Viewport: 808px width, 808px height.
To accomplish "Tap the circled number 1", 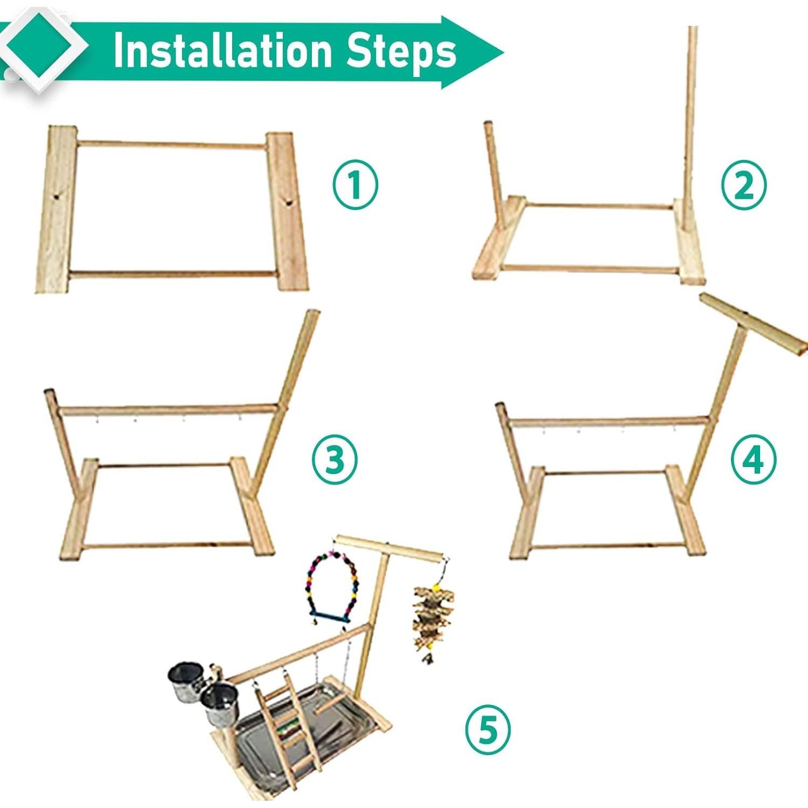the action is pyautogui.click(x=355, y=185).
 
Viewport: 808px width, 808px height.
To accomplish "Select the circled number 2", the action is pyautogui.click(x=743, y=185).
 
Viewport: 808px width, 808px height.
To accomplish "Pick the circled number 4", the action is pyautogui.click(x=754, y=459).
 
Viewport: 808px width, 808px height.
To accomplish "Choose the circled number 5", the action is pyautogui.click(x=488, y=730).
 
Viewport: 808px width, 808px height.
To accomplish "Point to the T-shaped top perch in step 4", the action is pyautogui.click(x=753, y=323).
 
